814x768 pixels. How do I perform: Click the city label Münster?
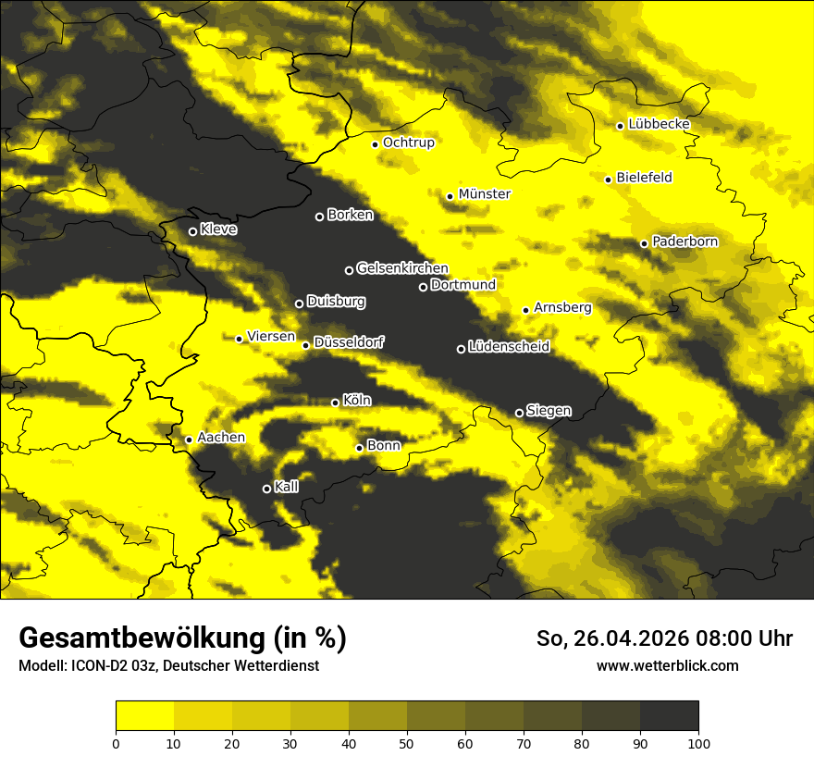[x=485, y=194]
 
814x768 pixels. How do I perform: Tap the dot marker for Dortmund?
[x=423, y=287]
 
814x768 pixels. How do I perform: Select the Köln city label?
[x=357, y=401]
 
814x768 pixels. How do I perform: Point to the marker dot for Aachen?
[x=189, y=440]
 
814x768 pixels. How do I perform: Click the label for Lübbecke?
[x=659, y=124]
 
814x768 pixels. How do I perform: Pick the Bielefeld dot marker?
[x=608, y=180]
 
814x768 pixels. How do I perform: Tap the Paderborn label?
[x=684, y=242]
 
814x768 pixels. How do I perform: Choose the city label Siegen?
[x=549, y=411]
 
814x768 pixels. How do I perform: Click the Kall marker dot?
[x=266, y=489]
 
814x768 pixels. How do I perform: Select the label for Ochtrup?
[x=408, y=142]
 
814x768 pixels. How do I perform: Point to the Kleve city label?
[x=218, y=229]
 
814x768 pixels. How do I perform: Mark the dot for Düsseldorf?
[x=305, y=345]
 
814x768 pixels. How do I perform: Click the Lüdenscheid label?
[x=509, y=347]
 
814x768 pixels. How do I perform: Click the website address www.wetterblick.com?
[x=667, y=665]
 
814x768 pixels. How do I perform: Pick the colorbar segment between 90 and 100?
[x=669, y=716]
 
